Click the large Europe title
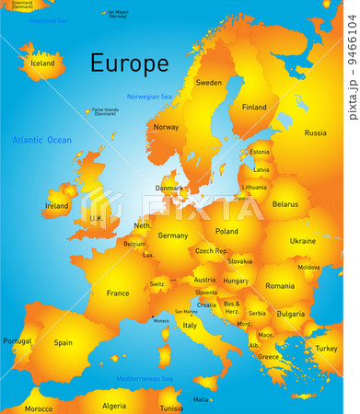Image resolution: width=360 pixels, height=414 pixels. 129,63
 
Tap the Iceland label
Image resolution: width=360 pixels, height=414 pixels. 42,63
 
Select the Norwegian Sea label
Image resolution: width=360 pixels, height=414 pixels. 149,97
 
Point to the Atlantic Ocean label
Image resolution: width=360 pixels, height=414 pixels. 41,140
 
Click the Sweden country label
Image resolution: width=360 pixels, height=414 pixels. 209,82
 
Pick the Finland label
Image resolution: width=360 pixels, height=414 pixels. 254,107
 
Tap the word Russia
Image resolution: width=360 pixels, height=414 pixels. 315,132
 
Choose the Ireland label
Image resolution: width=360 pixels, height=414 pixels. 56,206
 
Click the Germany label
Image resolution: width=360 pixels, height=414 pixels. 173,236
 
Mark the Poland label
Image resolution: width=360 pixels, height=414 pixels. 226,232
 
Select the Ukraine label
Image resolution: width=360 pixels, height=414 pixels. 302,240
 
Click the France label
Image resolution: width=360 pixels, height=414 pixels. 118,293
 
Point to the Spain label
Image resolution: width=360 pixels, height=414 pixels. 63,342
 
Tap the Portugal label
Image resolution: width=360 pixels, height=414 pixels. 17,341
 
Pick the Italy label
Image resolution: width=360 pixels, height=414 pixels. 190,325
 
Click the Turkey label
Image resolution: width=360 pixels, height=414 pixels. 326,349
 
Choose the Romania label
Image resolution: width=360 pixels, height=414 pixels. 280,286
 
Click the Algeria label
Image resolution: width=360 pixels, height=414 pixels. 114,406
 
